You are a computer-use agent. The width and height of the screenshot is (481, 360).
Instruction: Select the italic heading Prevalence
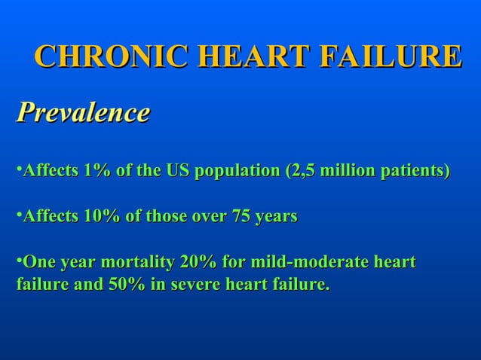83,113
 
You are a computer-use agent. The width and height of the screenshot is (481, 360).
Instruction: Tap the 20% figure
197,263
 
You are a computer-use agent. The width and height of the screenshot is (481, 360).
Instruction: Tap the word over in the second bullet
208,217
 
